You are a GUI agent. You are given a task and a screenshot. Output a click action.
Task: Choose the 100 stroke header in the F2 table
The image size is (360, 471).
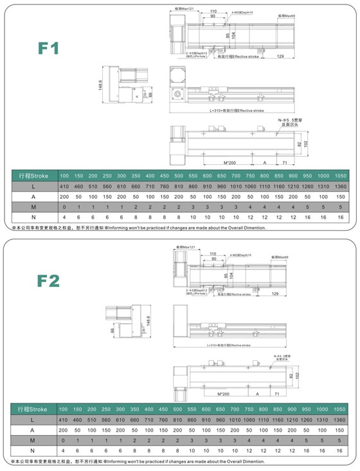[64, 409]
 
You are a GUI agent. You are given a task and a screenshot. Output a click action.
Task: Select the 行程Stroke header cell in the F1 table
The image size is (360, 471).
[33, 176]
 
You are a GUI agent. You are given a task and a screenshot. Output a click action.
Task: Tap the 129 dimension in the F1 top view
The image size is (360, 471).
[280, 57]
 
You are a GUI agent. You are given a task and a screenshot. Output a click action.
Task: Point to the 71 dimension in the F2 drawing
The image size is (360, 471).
[276, 392]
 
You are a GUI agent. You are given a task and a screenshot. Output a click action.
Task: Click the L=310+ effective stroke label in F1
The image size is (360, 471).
[237, 111]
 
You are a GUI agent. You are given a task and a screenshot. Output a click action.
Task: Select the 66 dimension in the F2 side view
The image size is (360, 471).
[114, 330]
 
